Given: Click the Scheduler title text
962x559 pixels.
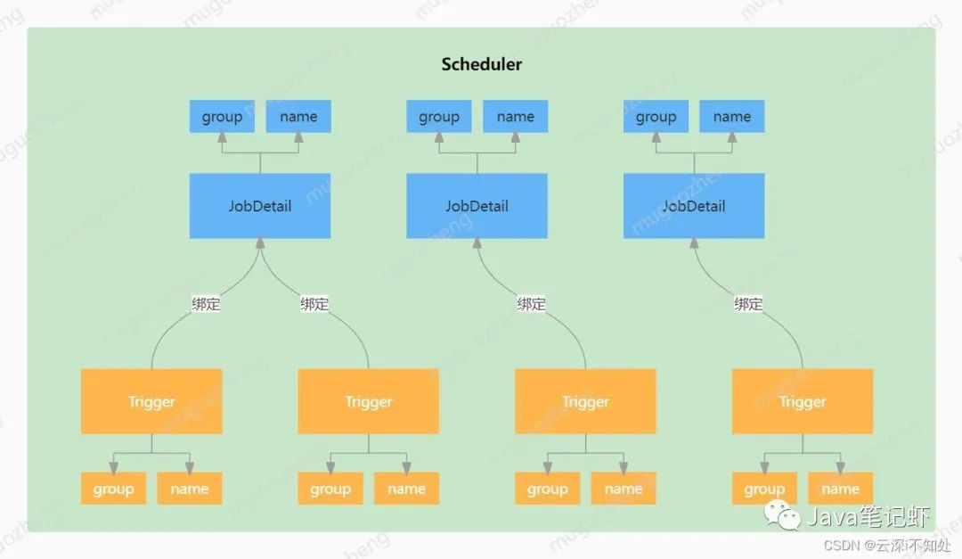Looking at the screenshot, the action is point(482,64).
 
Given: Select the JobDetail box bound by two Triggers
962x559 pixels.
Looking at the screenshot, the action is point(260,206).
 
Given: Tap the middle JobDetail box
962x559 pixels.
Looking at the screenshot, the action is point(477,206).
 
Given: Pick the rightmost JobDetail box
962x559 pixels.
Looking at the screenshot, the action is point(694,206).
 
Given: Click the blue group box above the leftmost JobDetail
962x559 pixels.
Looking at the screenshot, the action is point(222,116).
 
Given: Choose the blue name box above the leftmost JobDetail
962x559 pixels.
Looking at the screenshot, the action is point(298,116).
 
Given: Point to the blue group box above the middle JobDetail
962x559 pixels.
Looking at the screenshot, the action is point(439,116).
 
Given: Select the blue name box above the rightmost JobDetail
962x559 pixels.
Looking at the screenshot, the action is point(732,116).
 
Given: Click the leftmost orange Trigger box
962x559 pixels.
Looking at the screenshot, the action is point(151,401).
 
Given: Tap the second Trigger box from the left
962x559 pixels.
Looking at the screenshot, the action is point(369,401).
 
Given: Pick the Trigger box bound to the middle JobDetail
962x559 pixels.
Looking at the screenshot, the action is point(585,401).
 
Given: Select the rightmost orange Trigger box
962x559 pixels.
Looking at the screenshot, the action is point(803,401).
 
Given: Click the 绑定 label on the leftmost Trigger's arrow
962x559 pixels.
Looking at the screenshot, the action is point(206,303).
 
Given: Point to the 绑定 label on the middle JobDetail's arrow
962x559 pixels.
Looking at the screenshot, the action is point(531,303).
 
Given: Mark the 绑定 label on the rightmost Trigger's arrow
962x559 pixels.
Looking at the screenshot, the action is point(748,303).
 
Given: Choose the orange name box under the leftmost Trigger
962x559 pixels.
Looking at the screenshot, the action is point(190,489).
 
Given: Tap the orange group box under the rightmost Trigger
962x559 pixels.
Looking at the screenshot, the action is point(764,489).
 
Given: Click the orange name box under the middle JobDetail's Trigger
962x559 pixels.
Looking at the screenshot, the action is point(624,489).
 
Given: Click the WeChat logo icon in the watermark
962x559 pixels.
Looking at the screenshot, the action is point(782,514).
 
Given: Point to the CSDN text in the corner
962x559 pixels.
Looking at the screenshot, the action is point(842,546).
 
